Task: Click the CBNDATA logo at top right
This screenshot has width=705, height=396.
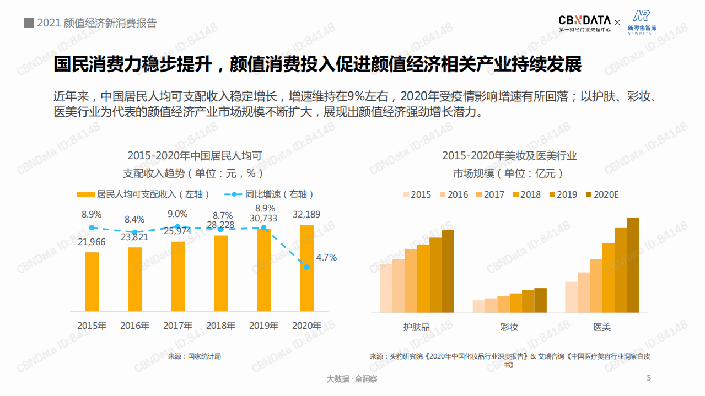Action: pos(585,23)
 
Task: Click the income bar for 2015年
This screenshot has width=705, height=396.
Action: pos(92,282)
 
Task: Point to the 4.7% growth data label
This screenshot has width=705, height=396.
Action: pos(326,257)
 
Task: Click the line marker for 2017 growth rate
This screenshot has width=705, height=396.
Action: pos(177,227)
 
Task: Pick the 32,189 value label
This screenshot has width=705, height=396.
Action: pos(306,214)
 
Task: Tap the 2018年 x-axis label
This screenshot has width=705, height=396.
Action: pos(220,326)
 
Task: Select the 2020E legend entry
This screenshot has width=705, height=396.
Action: pos(602,194)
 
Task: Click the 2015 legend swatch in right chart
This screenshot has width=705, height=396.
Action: pos(407,194)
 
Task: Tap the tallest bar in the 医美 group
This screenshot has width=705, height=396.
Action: pos(633,265)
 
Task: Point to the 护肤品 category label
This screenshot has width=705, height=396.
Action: pos(417,327)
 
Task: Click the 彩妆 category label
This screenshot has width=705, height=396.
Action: pos(509,327)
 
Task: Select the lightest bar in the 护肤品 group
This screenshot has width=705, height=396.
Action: pos(386,288)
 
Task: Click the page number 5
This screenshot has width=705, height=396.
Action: pos(649,378)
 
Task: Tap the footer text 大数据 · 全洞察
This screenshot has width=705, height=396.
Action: pos(352,379)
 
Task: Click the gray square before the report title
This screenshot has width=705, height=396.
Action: pos(28,23)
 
